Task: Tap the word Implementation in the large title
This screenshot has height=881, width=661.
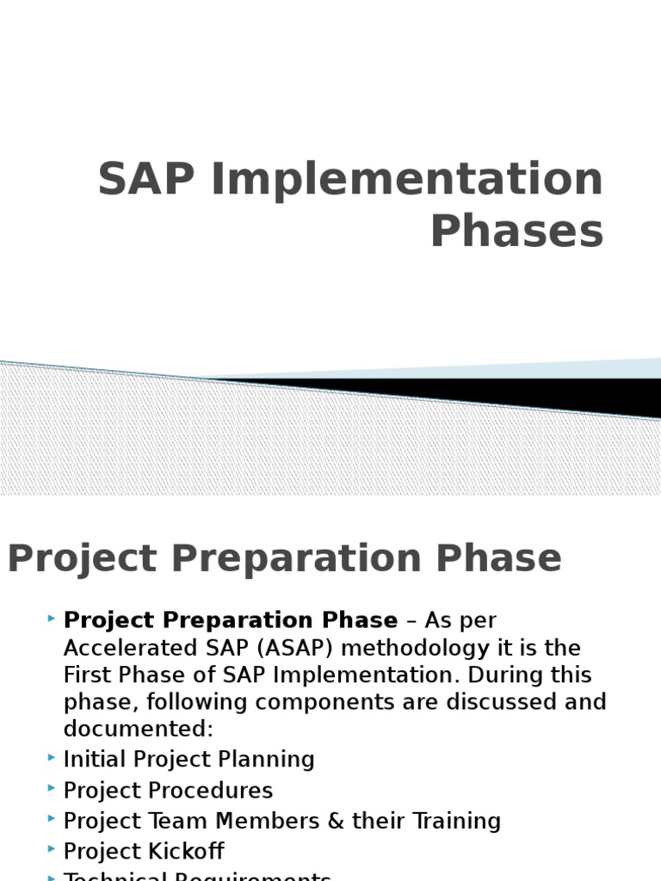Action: (406, 181)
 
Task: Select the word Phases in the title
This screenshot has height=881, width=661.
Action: (516, 231)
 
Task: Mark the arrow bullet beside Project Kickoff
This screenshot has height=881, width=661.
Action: (53, 850)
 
